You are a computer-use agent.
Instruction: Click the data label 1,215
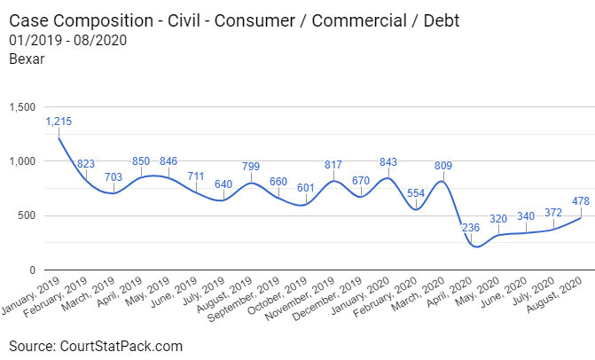point(59,121)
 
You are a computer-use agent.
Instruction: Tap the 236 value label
point(471,228)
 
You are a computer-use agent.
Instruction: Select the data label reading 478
point(581,201)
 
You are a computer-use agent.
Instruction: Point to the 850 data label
point(141,161)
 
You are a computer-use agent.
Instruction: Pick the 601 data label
point(306,188)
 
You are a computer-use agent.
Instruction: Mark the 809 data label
point(443,165)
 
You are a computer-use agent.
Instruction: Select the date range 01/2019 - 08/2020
point(67,41)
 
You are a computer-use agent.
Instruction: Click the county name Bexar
point(27,59)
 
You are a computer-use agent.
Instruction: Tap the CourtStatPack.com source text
point(126,345)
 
